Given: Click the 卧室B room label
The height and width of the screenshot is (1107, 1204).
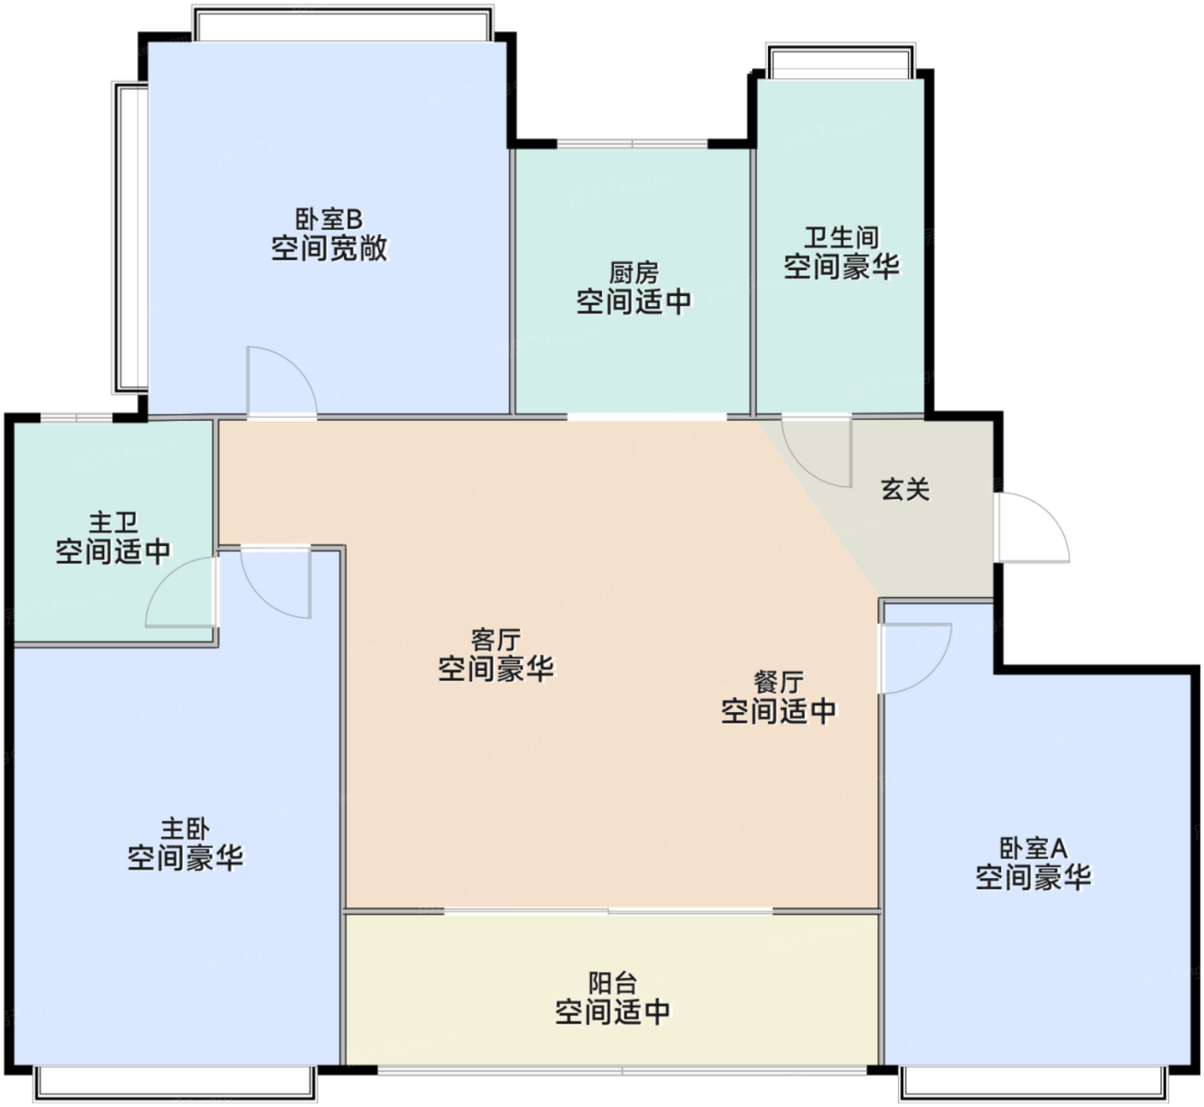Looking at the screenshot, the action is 329,219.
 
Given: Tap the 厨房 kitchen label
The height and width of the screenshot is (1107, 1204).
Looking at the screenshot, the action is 634,274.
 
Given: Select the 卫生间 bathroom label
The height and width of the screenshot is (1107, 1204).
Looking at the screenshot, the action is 841,237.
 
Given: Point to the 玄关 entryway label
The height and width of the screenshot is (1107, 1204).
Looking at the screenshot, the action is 905,489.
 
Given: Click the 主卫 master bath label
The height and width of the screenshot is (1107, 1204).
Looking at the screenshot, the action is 114,522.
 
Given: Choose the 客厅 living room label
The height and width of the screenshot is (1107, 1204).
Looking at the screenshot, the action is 495,640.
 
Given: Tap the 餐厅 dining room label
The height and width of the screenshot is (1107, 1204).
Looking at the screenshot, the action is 778,682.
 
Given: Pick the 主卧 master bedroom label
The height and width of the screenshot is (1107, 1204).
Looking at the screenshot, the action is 186,829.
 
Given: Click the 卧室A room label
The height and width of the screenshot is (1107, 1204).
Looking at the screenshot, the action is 1033,848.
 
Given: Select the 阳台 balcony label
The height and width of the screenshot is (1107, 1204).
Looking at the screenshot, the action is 612,983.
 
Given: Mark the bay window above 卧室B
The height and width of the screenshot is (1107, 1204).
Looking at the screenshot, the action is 343,23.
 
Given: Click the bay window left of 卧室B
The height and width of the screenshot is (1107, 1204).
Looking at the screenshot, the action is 130,237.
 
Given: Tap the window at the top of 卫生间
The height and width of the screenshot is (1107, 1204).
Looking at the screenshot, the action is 841,60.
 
